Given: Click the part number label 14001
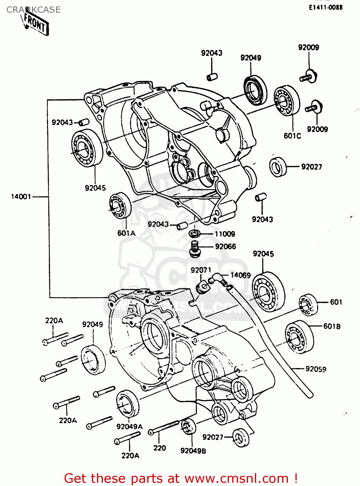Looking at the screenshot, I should point(21,197).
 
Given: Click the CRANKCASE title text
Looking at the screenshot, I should point(33,10).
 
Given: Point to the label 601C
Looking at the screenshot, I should point(292,136).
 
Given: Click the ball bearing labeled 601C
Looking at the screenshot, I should point(286,100).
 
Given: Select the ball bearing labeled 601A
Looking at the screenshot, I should point(120,205).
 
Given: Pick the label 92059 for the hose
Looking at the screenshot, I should point(316,369).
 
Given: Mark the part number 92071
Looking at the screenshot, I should point(201,270).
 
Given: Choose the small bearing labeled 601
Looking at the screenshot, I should point(308,304).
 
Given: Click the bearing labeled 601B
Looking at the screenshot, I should point(299,337).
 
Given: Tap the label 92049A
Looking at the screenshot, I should point(129,427).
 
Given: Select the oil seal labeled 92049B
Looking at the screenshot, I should point(188,427).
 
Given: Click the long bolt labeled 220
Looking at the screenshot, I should point(164,428).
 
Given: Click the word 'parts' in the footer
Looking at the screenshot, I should point(149,479).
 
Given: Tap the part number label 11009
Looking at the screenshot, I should point(225,234).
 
